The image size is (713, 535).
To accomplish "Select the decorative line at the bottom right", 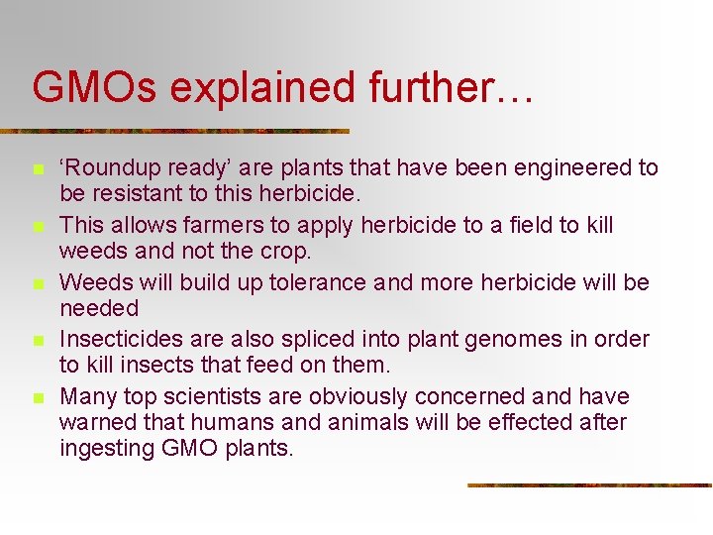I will coord(589,484).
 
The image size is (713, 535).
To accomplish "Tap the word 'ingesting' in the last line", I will coord(107,447).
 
